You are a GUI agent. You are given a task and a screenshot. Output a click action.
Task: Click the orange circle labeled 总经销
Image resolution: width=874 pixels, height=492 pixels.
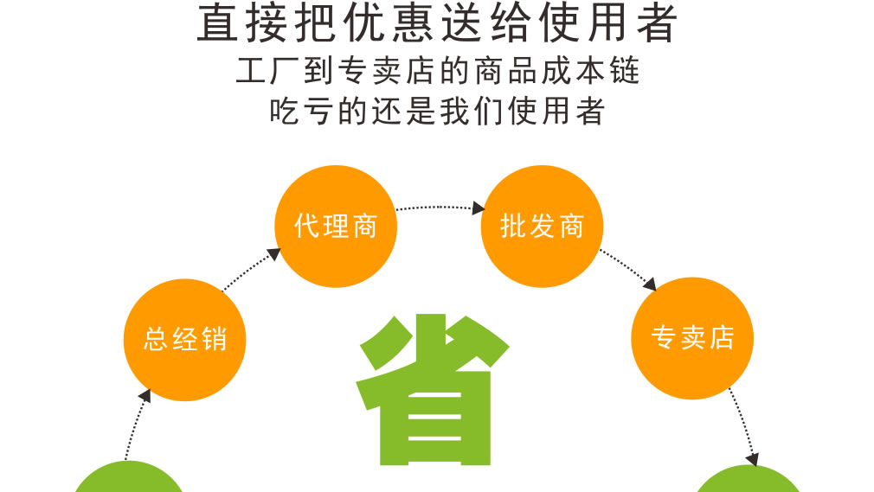pos(184,339)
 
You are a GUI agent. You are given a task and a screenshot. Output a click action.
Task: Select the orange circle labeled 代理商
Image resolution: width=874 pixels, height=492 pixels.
pos(336,227)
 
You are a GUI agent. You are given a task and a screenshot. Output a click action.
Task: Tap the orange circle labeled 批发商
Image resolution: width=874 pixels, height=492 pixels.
pos(542,227)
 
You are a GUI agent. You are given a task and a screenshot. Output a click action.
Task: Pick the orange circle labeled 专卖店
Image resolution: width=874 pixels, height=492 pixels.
pos(692,338)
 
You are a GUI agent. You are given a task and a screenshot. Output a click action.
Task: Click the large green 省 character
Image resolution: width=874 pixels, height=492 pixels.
pos(433,389)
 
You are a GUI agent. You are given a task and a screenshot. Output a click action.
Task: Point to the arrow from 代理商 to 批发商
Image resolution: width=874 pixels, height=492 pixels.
pos(440,208)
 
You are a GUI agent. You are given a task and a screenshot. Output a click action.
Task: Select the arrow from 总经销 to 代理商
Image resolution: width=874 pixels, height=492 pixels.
pos(252,270)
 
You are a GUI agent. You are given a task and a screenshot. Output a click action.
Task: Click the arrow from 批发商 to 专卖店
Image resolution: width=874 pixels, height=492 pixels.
pos(628,270)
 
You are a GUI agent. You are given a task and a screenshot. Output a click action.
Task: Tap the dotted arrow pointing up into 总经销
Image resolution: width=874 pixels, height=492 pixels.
pos(138,425)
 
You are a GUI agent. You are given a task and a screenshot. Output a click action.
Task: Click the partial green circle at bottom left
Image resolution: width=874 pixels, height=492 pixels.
pos(129,476)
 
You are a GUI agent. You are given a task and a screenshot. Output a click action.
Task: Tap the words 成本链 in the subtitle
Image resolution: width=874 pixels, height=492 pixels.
pos(590,71)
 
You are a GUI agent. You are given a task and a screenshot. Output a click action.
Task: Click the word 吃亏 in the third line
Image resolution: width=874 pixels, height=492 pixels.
pos(301,111)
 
